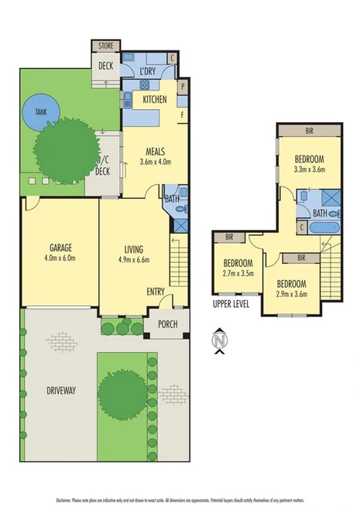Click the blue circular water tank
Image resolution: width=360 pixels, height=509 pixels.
coord(39,113)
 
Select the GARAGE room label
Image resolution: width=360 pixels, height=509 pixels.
coord(60,248)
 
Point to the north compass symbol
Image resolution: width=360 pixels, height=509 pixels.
coord(221,340)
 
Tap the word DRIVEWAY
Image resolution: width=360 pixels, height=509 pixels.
coord(60,391)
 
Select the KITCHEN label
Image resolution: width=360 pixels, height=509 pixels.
coord(155,100)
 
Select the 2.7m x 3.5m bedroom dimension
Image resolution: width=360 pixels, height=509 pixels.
coord(237,273)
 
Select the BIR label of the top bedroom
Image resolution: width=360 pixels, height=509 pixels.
coord(310,132)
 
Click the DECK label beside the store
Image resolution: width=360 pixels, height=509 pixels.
coord(105,66)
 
